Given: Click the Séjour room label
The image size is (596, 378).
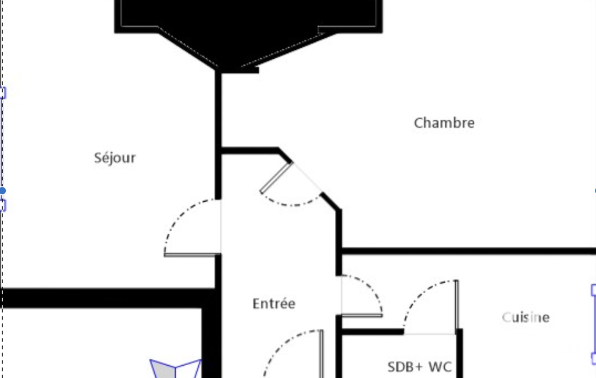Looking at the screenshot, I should (115, 158).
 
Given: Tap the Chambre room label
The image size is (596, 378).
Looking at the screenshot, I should (444, 123).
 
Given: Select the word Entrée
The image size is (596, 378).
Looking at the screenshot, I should (274, 304).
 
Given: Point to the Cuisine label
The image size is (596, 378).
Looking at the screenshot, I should (526, 317).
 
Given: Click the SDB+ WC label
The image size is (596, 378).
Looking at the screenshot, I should (419, 367).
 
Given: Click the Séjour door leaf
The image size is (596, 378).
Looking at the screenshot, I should (192, 255).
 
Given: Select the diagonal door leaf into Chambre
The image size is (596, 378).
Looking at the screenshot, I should (275, 177).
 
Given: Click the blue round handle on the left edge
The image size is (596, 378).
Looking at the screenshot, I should (3, 191).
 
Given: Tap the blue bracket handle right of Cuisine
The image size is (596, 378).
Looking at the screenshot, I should (593, 323).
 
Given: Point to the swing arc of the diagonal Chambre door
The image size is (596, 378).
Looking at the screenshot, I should (291, 204).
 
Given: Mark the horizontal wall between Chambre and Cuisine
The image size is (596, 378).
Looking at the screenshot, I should (465, 251).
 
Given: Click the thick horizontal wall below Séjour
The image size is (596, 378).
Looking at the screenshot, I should (105, 298).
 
